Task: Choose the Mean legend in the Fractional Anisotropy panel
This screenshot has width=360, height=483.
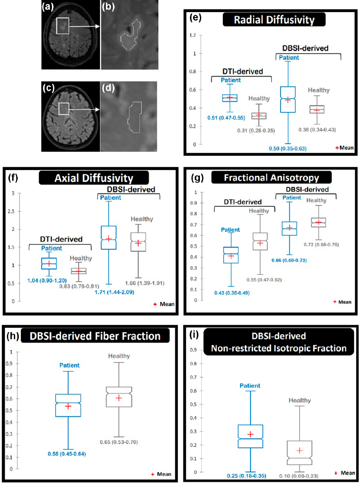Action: click(x=341, y=302)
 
